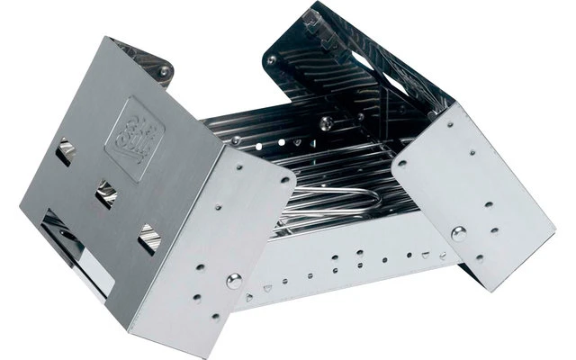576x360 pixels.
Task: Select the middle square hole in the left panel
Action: [x=107, y=192]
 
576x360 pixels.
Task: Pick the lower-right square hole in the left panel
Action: [x=148, y=235]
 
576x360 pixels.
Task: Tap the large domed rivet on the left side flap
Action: [x=234, y=280]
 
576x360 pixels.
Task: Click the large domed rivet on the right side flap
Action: [x=459, y=236]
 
